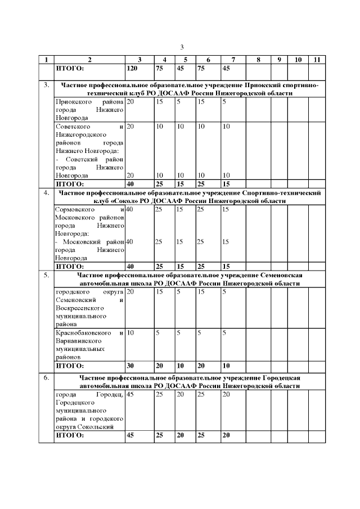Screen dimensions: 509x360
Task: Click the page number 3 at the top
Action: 182,47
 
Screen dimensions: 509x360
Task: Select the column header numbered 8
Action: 257,59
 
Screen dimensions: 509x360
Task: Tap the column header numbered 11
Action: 317,59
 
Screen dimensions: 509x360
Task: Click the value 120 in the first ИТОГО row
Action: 132,68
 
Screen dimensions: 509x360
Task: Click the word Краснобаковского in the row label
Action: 81,334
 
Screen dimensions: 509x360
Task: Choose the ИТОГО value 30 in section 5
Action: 130,365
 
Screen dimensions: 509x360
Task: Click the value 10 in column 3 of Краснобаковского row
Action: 130,334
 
